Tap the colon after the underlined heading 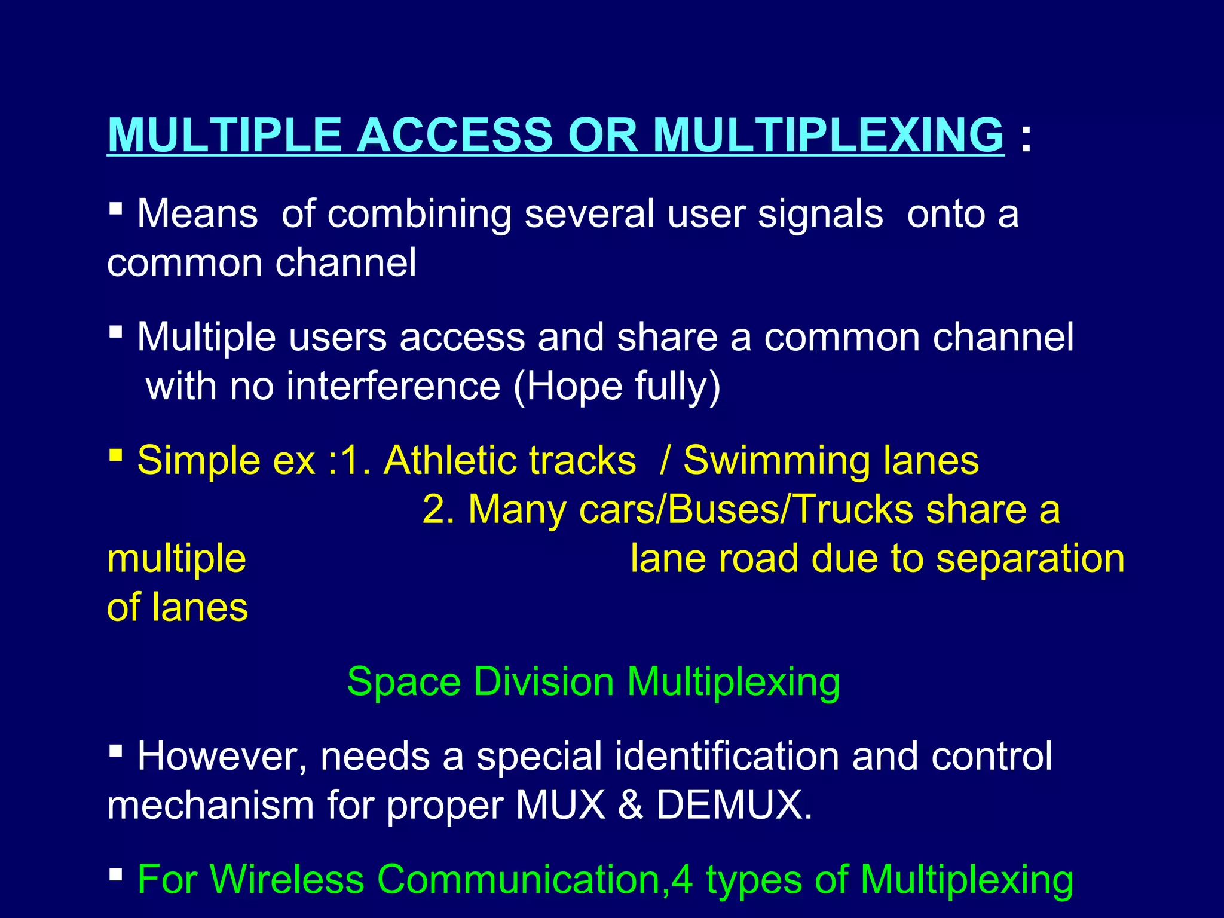(1026, 137)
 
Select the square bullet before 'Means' (116, 209)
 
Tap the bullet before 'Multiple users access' (116, 332)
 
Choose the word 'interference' (393, 386)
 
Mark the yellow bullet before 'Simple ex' (116, 455)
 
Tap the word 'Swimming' (777, 461)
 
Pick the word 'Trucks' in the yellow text (854, 510)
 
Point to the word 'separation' (1030, 559)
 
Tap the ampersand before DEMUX (631, 806)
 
